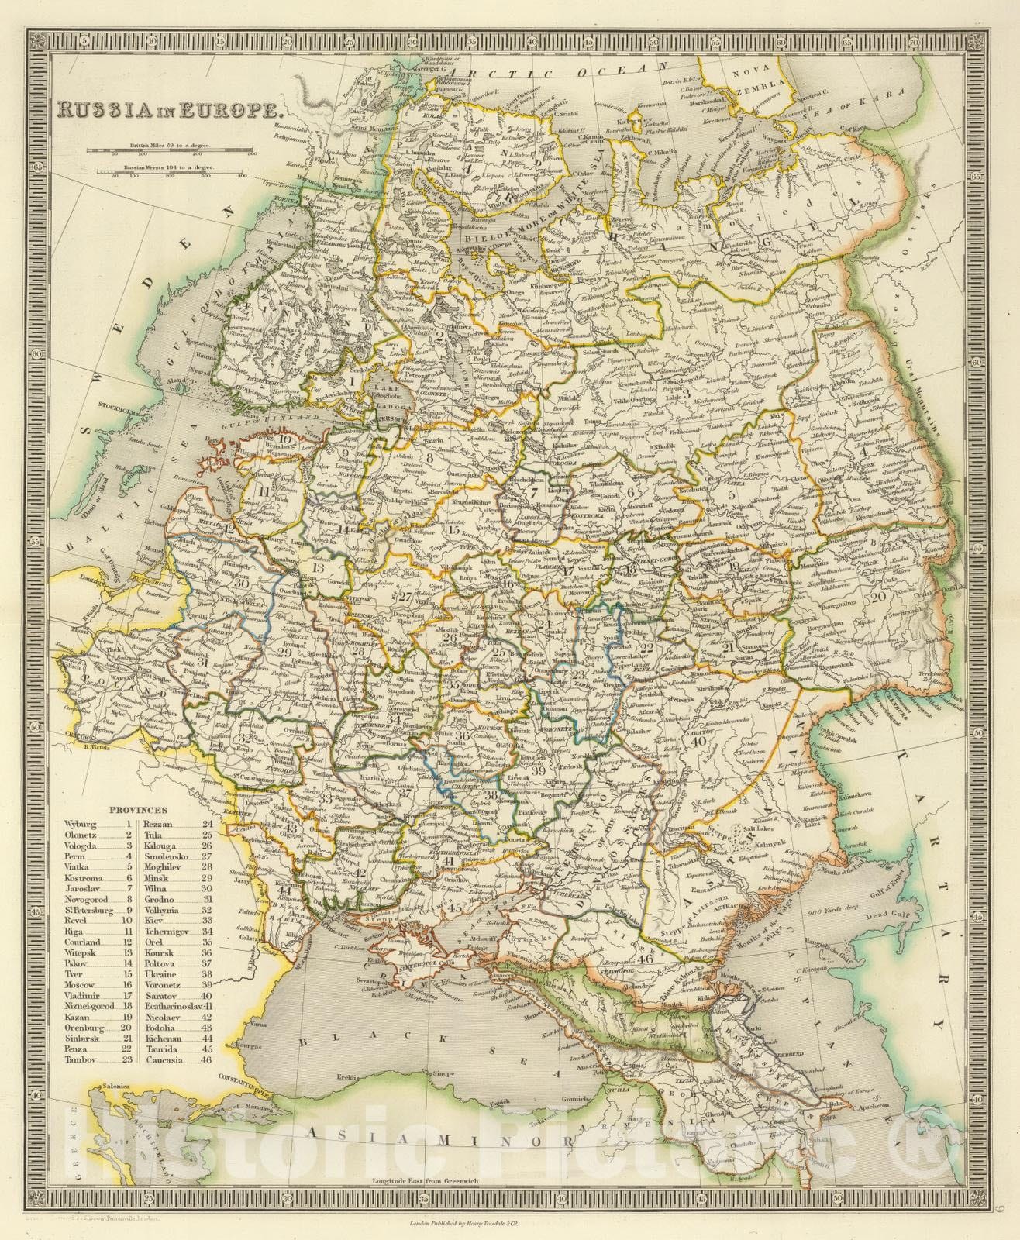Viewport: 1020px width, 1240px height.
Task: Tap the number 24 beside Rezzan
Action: point(207,824)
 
